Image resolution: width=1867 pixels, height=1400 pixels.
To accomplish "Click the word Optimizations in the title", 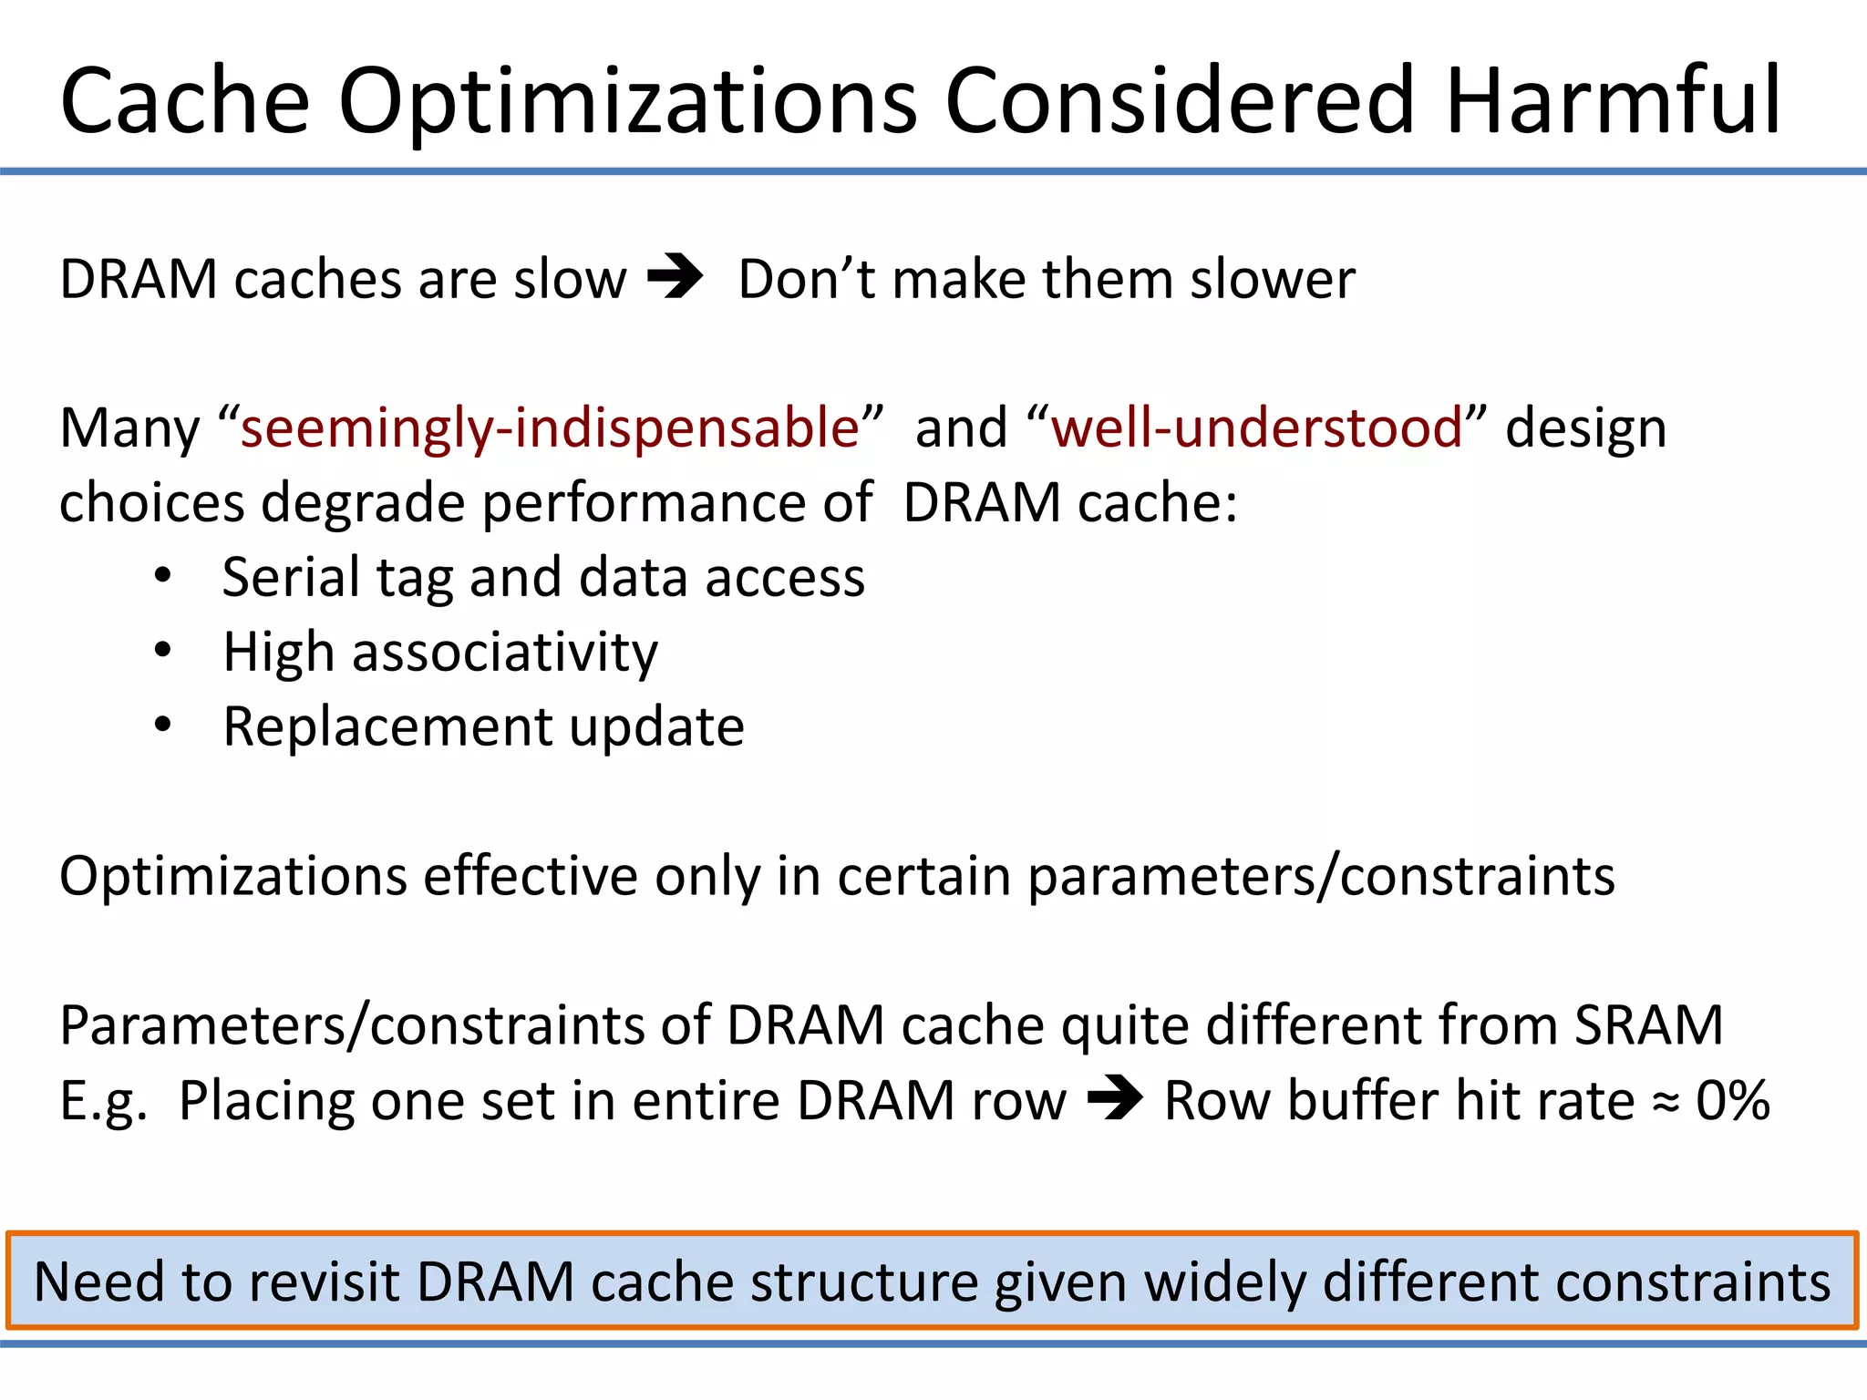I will pos(627,102).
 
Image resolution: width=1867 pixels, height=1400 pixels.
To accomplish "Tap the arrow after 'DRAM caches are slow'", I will pos(676,277).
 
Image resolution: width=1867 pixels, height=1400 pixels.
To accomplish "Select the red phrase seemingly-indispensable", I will pos(550,427).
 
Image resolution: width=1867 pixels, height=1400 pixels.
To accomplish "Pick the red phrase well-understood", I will pos(1257,427).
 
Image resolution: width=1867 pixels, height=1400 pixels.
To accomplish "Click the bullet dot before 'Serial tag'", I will pos(162,576).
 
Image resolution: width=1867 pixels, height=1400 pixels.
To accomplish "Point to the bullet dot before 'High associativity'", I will pos(162,651).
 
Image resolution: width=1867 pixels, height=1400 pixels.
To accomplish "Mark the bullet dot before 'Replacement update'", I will pos(162,726).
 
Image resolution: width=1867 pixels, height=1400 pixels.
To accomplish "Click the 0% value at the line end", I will pos(1733,1100).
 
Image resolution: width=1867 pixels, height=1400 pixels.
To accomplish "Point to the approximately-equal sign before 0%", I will pos(1666,1104).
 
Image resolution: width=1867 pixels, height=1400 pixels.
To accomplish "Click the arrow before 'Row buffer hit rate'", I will pos(1115,1098).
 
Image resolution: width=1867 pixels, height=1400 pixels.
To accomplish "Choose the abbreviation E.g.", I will pos(103,1102).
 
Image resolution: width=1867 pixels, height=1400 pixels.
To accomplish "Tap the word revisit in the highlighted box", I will pos(324,1282).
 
